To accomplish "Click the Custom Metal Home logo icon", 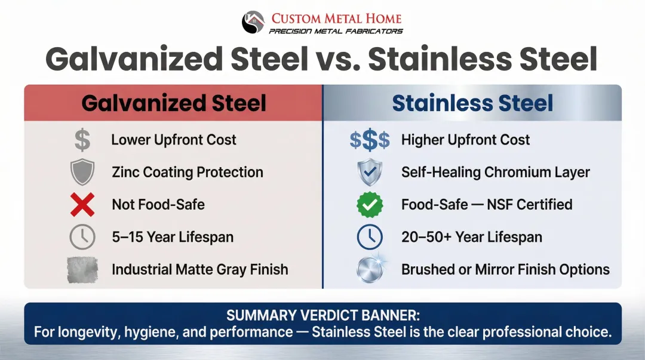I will point(253,23).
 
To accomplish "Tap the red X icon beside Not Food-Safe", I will point(82,205).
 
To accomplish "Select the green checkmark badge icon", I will point(369,205).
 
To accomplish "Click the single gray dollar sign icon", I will point(82,140).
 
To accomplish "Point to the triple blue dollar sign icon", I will point(369,140).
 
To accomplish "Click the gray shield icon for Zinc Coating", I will point(82,173).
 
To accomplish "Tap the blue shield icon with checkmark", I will point(369,173).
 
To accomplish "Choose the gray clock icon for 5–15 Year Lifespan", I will point(82,237).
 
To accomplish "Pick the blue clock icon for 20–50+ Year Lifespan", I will point(369,237).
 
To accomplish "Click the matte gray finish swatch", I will point(82,269).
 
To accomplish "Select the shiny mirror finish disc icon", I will point(369,269).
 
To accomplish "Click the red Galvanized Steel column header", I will point(173,103).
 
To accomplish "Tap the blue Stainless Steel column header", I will point(472,103).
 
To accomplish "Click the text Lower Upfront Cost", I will point(174,140).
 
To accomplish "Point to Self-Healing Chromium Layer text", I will point(495,173).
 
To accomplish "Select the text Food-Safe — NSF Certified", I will point(487,205).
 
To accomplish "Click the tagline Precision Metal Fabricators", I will point(336,31).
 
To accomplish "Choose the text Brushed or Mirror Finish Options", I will point(505,269).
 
